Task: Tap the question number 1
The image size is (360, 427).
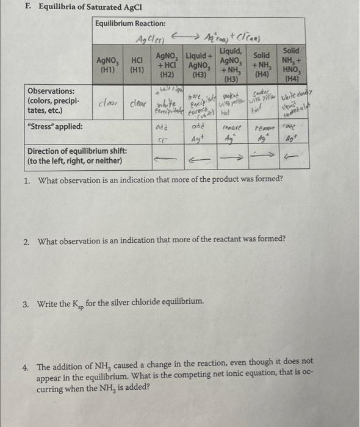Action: pos(27,181)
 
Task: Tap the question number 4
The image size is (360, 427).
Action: pos(27,368)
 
